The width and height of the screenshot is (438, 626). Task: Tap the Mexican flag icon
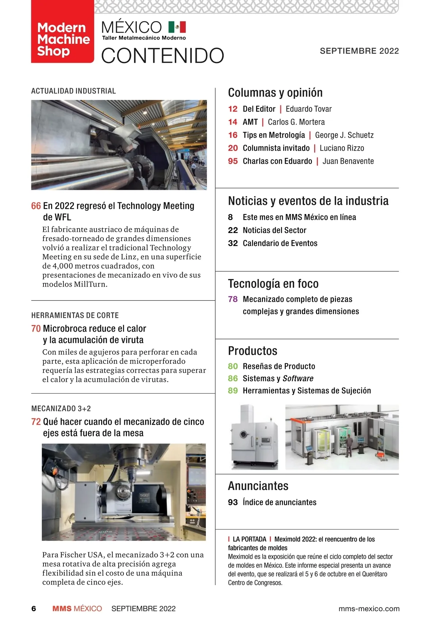point(177,27)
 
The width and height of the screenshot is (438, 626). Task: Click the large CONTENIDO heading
point(162,56)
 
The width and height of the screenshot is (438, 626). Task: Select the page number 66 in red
point(36,206)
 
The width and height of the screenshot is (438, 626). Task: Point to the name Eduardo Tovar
point(308,109)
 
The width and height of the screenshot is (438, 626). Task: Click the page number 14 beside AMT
point(233,122)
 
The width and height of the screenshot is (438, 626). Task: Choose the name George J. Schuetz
point(344,135)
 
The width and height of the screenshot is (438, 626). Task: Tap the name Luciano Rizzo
point(342,148)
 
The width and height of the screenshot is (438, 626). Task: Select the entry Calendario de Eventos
point(280,243)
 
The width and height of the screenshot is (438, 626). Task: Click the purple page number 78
point(233,299)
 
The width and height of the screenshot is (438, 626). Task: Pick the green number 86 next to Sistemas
point(233,378)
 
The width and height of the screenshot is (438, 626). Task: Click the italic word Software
point(298,378)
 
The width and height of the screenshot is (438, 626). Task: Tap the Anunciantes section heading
point(258,486)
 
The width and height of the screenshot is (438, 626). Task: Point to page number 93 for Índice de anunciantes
point(233,502)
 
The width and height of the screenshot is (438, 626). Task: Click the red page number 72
point(36,422)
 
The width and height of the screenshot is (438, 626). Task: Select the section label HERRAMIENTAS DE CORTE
point(75,315)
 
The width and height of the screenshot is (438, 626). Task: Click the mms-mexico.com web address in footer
point(369,609)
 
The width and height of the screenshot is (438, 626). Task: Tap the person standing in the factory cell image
point(349,444)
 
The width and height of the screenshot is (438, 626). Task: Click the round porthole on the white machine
point(243,435)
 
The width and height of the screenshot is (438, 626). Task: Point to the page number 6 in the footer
point(34,609)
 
